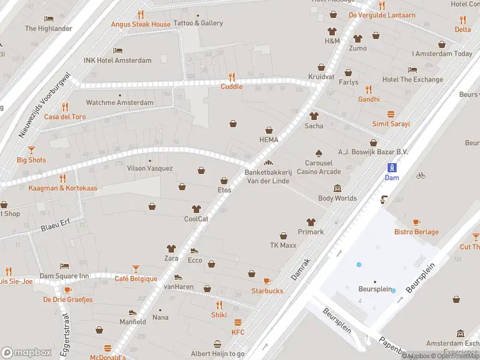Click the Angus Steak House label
point(140,24)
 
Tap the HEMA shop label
point(269,139)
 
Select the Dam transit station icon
point(391,167)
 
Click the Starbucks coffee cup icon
point(267,281)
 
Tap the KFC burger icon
point(238,322)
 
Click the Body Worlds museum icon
point(337,188)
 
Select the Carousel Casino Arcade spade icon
point(319,153)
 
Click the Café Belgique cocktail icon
point(136,268)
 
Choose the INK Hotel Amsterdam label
point(118,61)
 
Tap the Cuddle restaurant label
point(232,86)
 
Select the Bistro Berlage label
point(416,232)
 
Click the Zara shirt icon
point(172,248)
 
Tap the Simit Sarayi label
point(391,124)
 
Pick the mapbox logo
point(26,352)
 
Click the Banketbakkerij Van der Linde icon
point(268,163)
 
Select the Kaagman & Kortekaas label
point(62,188)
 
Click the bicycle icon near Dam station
point(421,175)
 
